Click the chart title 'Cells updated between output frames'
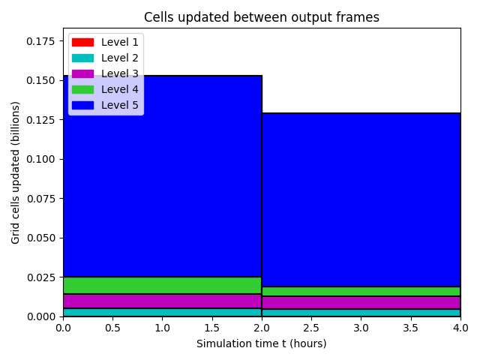[x=262, y=17]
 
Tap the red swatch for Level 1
[x=82, y=42]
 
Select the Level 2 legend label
[x=120, y=58]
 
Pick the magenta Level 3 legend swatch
[x=82, y=73]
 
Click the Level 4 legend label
[x=120, y=89]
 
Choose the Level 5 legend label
[x=120, y=105]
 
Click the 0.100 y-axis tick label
[x=40, y=159]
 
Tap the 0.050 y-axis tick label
[x=40, y=238]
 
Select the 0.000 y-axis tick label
[x=40, y=316]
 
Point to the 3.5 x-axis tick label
[x=411, y=328]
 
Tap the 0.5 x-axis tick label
[x=112, y=328]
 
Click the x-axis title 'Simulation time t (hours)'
[x=262, y=343]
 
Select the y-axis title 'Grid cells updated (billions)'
[x=15, y=172]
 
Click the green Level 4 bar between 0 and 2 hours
[x=163, y=285]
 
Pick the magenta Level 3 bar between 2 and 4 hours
[x=361, y=302]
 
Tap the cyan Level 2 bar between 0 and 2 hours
[x=163, y=312]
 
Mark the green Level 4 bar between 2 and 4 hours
[x=361, y=291]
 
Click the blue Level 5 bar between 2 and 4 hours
[x=361, y=200]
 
